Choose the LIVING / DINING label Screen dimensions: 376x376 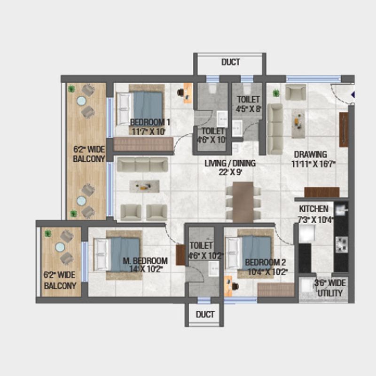tap(230, 164)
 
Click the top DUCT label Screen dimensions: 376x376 tap(230, 62)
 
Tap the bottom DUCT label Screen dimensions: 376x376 tap(205, 314)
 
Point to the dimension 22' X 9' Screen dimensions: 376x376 tap(230, 172)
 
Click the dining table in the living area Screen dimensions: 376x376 tap(243, 202)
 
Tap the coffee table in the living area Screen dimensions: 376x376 tap(144, 186)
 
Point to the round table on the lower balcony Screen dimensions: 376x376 tap(60, 247)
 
